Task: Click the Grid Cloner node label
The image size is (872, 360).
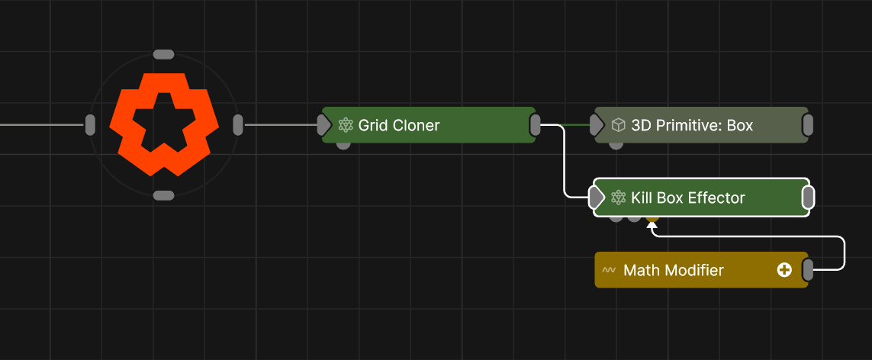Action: tap(399, 125)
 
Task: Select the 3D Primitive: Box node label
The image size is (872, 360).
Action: tap(692, 125)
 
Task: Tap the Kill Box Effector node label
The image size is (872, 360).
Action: tap(687, 198)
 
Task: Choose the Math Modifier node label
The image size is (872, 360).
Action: tap(674, 271)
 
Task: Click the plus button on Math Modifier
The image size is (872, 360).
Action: tap(784, 270)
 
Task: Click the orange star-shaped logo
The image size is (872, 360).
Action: tap(164, 124)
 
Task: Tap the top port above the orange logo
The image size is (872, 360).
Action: tap(164, 54)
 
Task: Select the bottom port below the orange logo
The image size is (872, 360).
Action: tap(164, 196)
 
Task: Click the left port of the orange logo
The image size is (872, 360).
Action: tap(90, 124)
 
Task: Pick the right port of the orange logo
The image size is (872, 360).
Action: tap(238, 124)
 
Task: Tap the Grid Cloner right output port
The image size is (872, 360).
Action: tap(536, 125)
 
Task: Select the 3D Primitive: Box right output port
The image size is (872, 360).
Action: tap(808, 125)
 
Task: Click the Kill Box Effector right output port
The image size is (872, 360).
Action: tap(808, 198)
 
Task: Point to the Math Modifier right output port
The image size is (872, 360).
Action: tap(808, 270)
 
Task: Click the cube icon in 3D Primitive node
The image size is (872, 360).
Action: tap(619, 125)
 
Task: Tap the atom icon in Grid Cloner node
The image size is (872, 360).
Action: tap(346, 125)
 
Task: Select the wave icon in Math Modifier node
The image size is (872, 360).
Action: tap(609, 271)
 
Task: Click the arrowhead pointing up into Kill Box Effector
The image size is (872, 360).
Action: tap(652, 225)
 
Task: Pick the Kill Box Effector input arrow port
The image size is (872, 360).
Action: tap(597, 198)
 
